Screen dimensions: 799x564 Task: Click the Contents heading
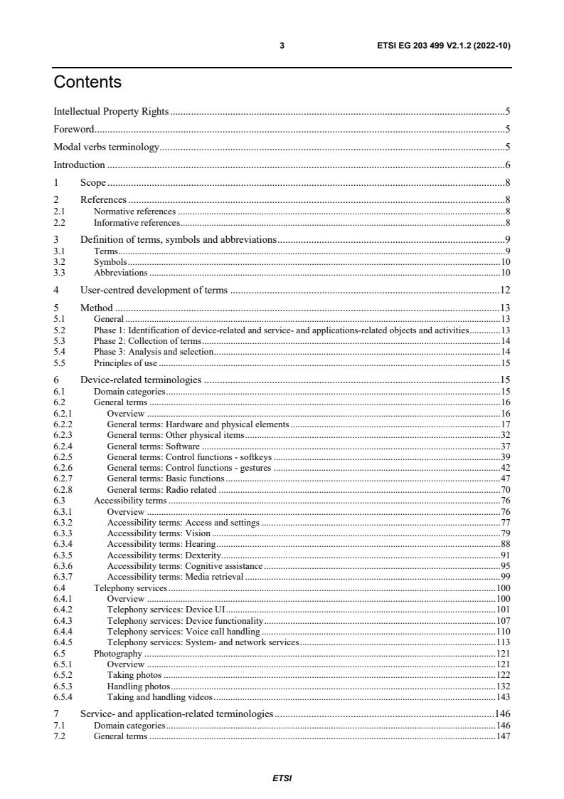(87, 83)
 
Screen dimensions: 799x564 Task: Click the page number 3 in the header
(282, 46)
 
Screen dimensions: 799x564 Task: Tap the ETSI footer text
(282, 778)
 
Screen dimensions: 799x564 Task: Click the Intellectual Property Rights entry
(111, 111)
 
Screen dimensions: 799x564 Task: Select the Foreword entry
(74, 129)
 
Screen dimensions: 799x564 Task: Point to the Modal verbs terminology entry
(106, 147)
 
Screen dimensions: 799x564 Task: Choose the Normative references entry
(134, 211)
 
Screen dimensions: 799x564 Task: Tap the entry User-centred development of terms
(154, 290)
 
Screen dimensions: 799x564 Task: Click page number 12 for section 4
(504, 290)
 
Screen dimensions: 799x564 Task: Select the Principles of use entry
(125, 362)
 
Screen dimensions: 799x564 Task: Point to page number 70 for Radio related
(505, 490)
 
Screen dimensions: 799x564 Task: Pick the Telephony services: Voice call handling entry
(183, 632)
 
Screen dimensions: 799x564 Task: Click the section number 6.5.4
(64, 696)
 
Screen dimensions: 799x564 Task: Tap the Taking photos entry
(134, 674)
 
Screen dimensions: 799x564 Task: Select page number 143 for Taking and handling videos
(503, 696)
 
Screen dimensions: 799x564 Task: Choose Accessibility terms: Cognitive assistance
(184, 566)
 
